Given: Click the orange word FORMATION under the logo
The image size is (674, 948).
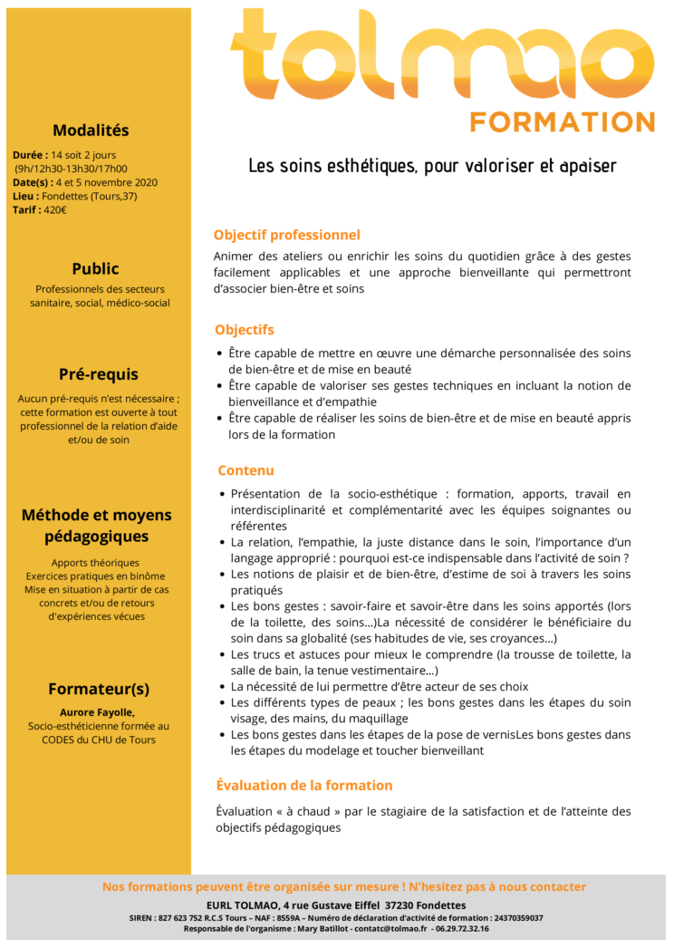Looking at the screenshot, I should pos(563,122).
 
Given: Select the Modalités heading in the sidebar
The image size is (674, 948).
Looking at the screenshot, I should pos(91,131).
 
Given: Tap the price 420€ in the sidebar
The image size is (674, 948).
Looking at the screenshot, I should pos(54,210).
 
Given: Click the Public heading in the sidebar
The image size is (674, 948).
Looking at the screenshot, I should pos(95,269).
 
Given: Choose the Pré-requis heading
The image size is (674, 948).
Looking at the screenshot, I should pos(99,374).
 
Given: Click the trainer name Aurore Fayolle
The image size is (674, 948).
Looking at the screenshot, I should pos(97,712).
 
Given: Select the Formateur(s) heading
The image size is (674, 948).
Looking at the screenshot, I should pos(99,689).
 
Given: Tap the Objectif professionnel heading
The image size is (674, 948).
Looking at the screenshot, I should pos(286,236).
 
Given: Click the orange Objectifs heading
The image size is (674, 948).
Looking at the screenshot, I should pos(244,330).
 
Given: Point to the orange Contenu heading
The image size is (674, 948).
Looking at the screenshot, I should pos(246,470).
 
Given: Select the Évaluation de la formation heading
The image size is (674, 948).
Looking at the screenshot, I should pos(303,785).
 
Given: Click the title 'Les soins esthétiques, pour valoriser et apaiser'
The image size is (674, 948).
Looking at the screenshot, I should pos(432,166).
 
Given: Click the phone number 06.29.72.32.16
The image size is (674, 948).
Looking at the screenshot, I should pos(460,929).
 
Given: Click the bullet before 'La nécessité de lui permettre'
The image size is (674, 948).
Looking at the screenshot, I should pos(223,688).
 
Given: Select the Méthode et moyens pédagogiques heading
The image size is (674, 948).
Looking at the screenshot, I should pos(97,526).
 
